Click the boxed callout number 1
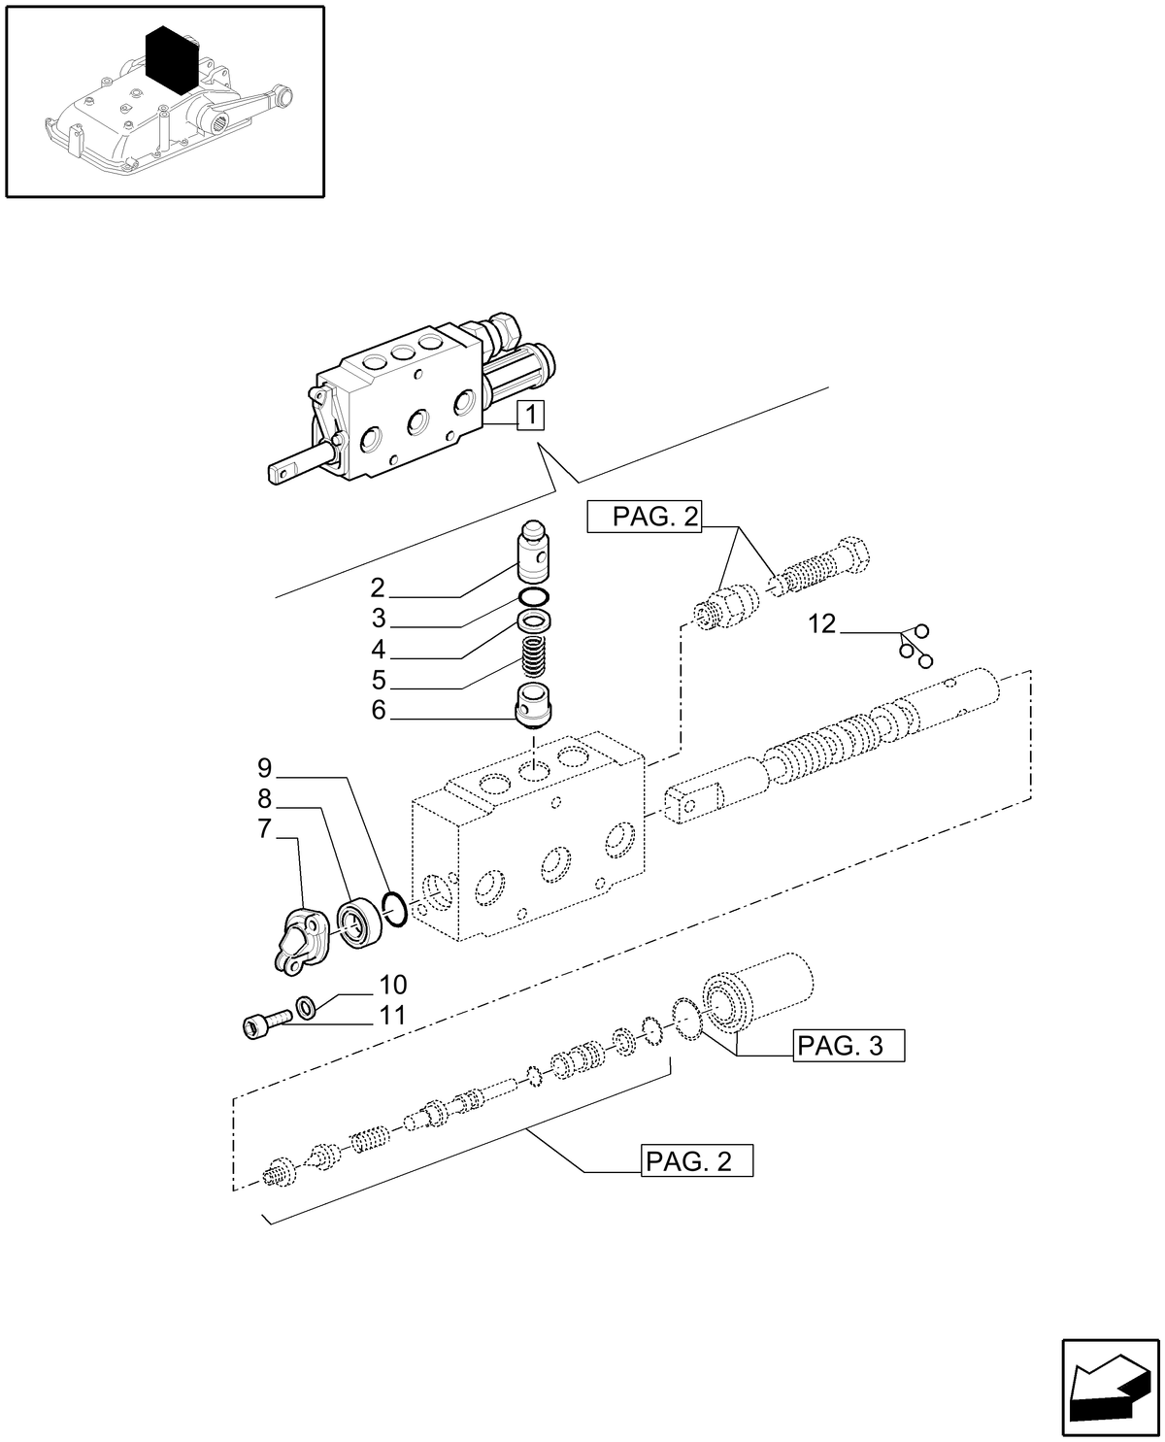coord(530,416)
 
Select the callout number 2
coord(378,587)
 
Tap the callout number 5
coord(378,680)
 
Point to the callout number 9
coord(265,769)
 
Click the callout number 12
coord(821,623)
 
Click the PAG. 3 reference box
coord(848,1046)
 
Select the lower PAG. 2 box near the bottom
coord(697,1160)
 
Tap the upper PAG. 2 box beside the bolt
coord(643,518)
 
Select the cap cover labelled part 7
coord(297,940)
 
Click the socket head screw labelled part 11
coord(265,1022)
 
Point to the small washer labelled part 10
coord(306,1009)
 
